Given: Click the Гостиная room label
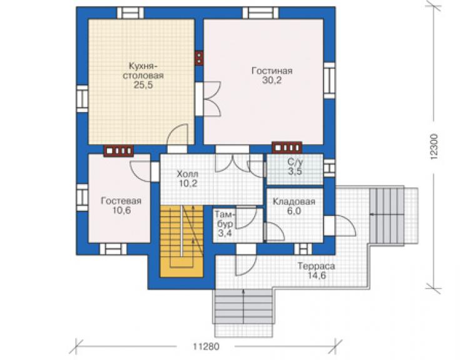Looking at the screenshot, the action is [x=272, y=71].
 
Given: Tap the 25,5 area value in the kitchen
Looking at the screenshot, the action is [x=143, y=85].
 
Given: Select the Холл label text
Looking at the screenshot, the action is [x=187, y=173].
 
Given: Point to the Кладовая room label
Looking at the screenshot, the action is [x=294, y=202].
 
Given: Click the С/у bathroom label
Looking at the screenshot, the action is [x=295, y=162].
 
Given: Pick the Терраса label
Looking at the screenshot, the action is [x=316, y=266].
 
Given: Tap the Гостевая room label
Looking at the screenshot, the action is [x=121, y=201].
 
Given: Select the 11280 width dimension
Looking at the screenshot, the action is [x=206, y=346].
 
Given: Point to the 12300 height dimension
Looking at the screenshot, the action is [x=433, y=147].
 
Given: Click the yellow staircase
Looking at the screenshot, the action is [x=181, y=241].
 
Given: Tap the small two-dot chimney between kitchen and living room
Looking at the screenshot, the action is [x=199, y=58].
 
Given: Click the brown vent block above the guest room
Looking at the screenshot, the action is [x=118, y=151].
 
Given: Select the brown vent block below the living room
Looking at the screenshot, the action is [x=287, y=147].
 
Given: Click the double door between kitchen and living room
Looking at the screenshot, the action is [x=208, y=100].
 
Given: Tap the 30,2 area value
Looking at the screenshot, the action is [x=272, y=80].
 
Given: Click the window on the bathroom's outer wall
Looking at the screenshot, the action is [x=330, y=168].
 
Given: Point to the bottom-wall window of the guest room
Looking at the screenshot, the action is [x=113, y=249].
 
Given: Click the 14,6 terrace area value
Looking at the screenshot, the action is [x=316, y=276].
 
